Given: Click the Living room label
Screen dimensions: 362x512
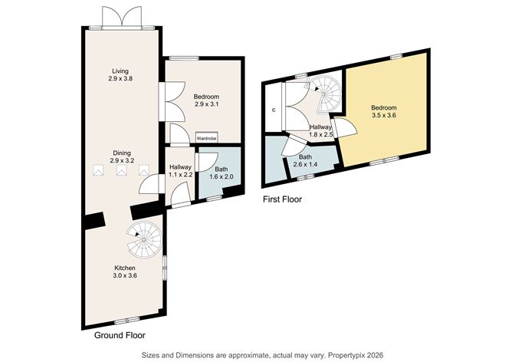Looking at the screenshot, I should tap(118, 74).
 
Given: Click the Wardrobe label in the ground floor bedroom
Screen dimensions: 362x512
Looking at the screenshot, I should tap(207, 138).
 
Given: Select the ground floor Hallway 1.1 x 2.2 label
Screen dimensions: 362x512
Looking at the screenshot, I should tap(180, 170).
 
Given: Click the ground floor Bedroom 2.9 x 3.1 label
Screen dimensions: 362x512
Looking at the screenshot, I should tap(206, 100).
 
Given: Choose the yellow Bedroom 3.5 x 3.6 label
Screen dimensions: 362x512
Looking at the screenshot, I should tap(385, 111).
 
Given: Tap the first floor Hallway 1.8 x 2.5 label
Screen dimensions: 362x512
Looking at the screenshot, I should tap(320, 131).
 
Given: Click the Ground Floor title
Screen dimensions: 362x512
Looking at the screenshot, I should tap(120, 335).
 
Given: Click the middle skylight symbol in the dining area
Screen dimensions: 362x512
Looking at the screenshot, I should tap(120, 173).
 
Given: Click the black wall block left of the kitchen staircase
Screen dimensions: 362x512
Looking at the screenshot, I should tap(96, 221).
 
